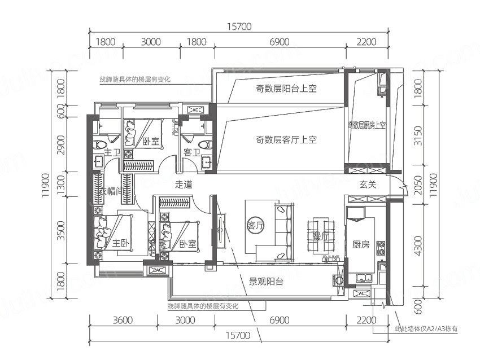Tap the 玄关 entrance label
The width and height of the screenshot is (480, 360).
(x=368, y=185)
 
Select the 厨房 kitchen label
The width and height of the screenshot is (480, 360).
(x=361, y=244)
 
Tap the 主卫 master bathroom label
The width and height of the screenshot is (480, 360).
(x=113, y=152)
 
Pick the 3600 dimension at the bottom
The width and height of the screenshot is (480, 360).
(x=123, y=320)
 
